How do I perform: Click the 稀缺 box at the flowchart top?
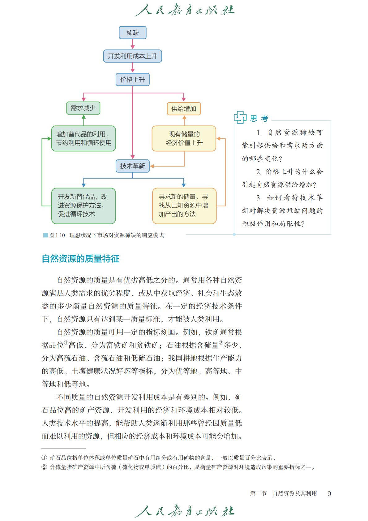tap(132, 33)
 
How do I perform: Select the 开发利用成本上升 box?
tap(132, 56)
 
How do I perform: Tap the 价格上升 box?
tap(132, 80)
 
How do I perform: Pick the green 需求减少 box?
tap(83, 108)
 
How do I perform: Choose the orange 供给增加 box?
tap(184, 109)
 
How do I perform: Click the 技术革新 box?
tap(132, 166)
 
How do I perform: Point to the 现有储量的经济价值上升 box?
tap(184, 138)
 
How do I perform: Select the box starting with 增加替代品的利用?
tap(83, 138)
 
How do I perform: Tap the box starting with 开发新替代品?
tap(83, 206)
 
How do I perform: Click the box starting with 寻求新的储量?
tap(184, 206)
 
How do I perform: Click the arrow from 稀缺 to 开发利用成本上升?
tap(132, 44)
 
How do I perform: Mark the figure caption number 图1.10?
tap(57, 235)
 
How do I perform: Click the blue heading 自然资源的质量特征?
tap(80, 259)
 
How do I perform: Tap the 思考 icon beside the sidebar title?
tap(240, 118)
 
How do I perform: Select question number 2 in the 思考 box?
tap(259, 172)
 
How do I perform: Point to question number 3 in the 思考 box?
tap(259, 198)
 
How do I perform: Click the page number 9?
tap(329, 494)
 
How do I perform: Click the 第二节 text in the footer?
tap(258, 493)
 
